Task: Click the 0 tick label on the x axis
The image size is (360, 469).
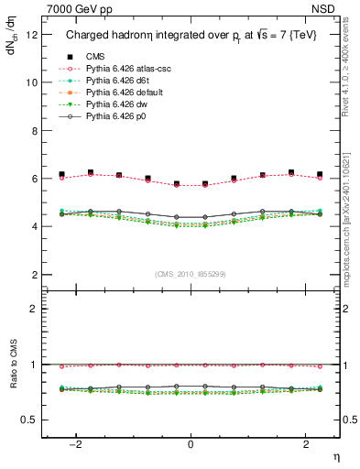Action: [x=191, y=444]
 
